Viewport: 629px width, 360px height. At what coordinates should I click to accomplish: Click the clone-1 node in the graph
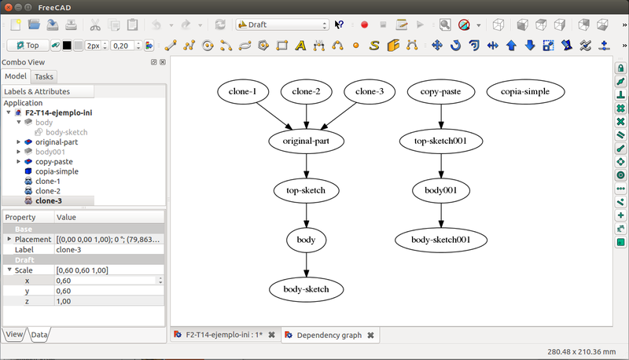tap(243, 93)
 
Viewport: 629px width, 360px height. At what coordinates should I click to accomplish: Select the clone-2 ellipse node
tap(307, 93)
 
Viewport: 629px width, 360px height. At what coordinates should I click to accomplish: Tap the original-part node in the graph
tap(307, 141)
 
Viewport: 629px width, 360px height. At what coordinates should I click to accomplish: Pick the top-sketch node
tap(307, 190)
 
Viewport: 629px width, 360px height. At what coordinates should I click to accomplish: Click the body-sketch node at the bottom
tap(307, 289)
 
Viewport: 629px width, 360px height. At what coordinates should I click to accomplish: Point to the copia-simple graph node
tap(525, 93)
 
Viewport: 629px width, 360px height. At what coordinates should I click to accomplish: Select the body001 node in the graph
tap(440, 190)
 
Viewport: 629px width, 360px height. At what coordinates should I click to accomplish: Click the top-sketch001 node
tap(440, 141)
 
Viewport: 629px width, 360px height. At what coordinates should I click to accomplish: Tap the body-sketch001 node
tap(440, 239)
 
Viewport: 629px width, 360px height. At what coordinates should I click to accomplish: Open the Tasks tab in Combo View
tap(44, 76)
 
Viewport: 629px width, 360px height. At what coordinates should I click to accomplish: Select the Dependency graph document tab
tap(329, 335)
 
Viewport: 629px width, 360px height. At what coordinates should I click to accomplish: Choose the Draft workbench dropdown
tap(281, 25)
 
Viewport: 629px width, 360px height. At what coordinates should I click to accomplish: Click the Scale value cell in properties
tap(109, 270)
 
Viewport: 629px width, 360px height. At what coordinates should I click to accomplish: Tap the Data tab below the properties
tap(39, 335)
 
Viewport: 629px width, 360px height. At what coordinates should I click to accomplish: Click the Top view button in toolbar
tap(27, 45)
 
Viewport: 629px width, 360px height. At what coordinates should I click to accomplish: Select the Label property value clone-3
tap(109, 249)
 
